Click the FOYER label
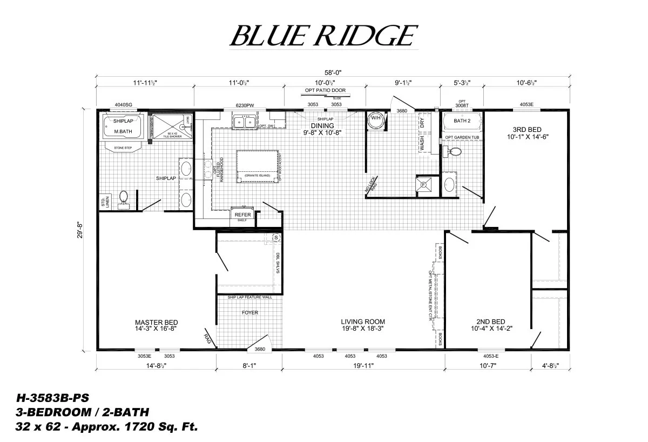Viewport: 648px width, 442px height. coord(249,312)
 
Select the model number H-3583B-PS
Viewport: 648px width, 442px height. coord(48,399)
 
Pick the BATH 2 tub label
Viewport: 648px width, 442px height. coord(462,121)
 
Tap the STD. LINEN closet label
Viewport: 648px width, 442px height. coord(103,202)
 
